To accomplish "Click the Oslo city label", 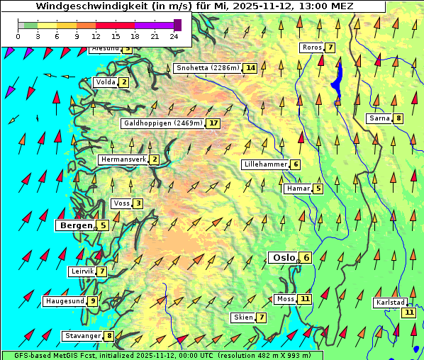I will coord(283,258).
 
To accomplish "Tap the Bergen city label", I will coord(76,225).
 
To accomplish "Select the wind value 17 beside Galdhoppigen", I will coord(213,123).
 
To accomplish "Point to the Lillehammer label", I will coord(265,164).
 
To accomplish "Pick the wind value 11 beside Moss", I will coord(305,299).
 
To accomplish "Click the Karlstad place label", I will coord(389,303).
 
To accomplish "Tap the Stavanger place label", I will coord(82,336).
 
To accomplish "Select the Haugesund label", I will coord(65,301).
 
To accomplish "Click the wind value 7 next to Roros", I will coord(330,47).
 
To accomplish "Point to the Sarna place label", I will coord(379,118).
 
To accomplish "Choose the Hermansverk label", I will coord(123,159).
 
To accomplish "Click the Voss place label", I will coord(121,203).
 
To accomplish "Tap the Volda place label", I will coord(106,82).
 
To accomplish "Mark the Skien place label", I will coord(242,317).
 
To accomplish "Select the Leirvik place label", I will coord(82,271).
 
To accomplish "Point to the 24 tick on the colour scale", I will coord(174,36).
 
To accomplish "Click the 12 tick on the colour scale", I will coord(96,36).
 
